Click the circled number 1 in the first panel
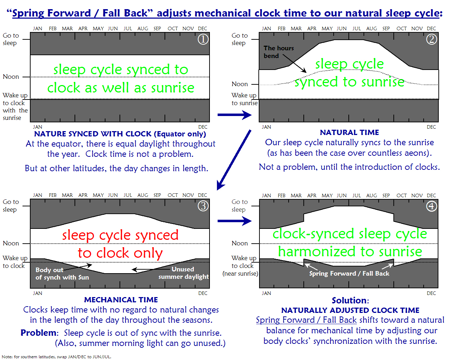(x=203, y=39)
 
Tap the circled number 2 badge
(x=432, y=39)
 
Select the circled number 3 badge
(x=203, y=206)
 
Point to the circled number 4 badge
(x=432, y=206)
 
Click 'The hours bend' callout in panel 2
(x=278, y=52)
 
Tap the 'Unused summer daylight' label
(x=184, y=273)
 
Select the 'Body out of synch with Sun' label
(x=62, y=274)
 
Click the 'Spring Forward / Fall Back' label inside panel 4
(x=349, y=274)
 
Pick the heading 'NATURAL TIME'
(x=349, y=133)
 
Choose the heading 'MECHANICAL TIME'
(x=121, y=300)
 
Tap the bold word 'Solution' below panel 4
(x=349, y=301)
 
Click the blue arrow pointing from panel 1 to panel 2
(x=234, y=115)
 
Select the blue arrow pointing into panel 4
(x=234, y=221)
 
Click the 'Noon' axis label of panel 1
(x=11, y=77)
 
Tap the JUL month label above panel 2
(x=356, y=28)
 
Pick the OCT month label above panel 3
(x=173, y=195)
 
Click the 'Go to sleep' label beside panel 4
(x=239, y=206)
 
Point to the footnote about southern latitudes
(x=57, y=356)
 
